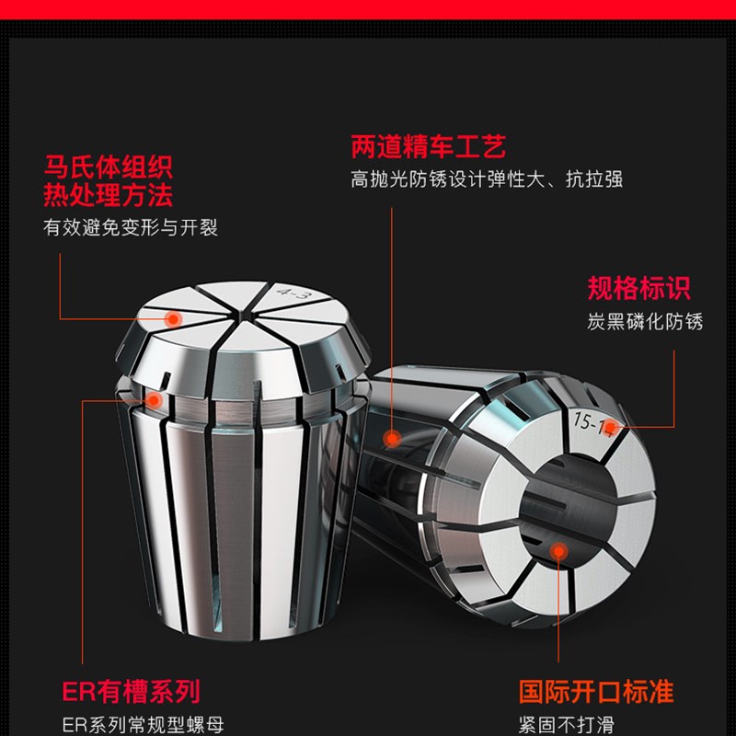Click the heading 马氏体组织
(108, 167)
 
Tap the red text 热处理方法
(108, 195)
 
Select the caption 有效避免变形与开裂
(131, 227)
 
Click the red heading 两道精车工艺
(428, 146)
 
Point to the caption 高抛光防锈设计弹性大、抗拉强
(486, 178)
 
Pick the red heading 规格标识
(638, 289)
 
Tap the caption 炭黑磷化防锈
(645, 321)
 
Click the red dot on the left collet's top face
(171, 318)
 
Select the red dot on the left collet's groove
(154, 400)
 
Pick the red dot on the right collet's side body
(393, 440)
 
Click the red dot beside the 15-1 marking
(634, 426)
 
